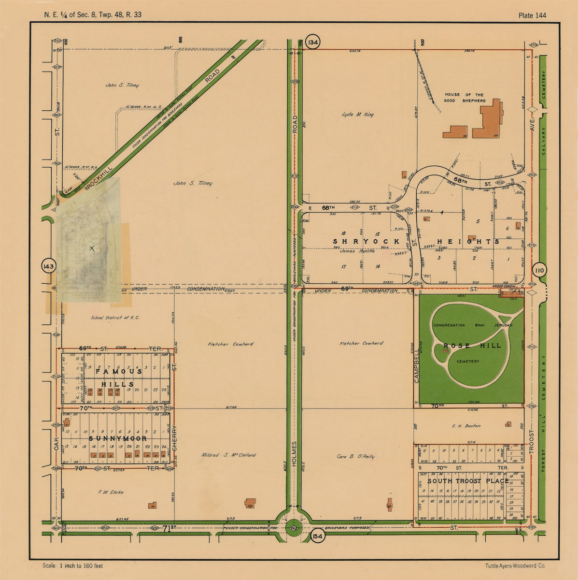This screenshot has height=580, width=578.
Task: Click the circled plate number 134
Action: tap(313, 43)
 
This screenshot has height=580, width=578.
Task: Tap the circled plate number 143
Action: tap(49, 266)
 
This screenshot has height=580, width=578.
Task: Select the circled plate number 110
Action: tap(539, 271)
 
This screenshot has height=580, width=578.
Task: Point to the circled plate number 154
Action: tap(317, 537)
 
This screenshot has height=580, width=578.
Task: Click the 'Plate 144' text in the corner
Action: tap(532, 15)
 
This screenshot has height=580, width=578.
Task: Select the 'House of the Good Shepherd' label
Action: tap(465, 98)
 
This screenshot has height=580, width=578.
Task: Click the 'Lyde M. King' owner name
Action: tap(357, 115)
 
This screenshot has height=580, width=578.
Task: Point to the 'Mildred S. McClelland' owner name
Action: tap(229, 455)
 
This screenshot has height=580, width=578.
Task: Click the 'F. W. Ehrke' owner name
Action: tap(111, 492)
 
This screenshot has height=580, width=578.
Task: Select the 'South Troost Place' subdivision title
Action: tap(467, 481)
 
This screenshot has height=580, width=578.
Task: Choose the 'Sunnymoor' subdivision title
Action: tap(118, 438)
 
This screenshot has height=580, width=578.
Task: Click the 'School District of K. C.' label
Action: tap(115, 318)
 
